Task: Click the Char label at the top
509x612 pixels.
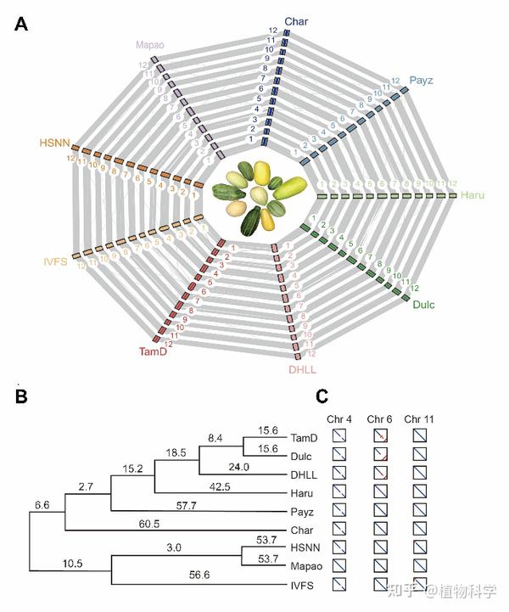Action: [295, 21]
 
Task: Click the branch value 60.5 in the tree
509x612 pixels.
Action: [147, 525]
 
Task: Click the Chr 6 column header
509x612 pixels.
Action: [380, 418]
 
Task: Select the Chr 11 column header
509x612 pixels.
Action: [418, 418]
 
